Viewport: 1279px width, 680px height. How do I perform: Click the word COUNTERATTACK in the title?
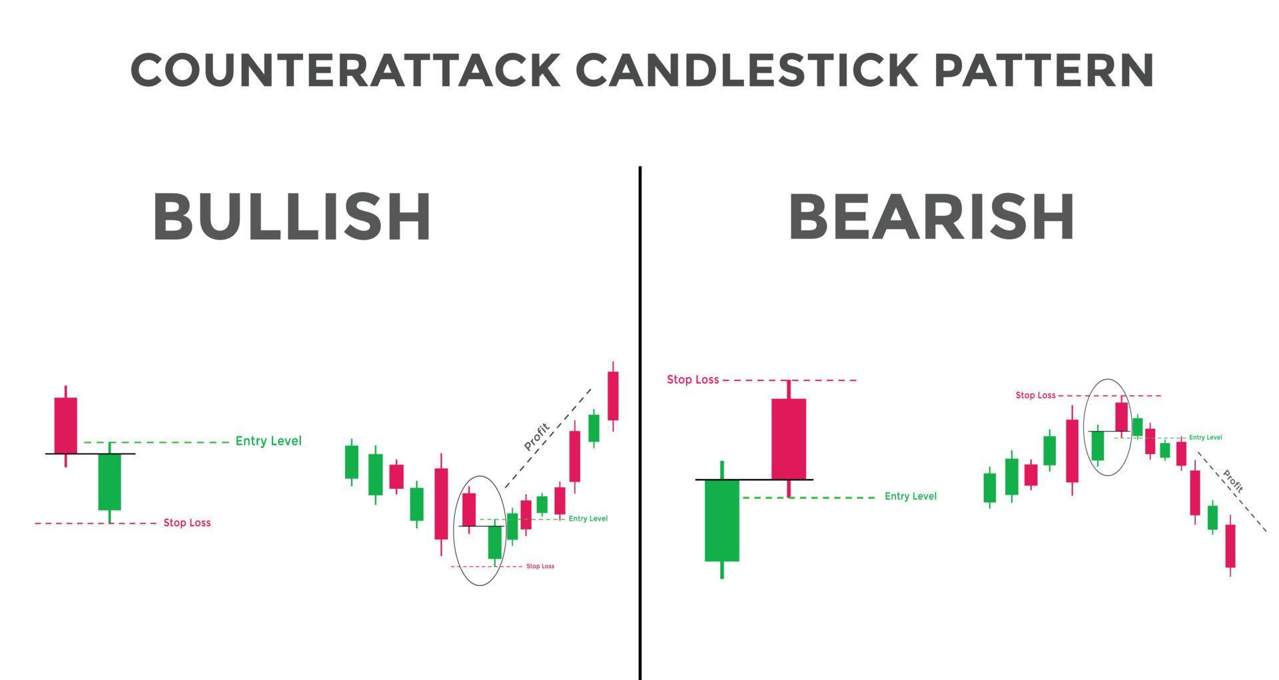pos(345,70)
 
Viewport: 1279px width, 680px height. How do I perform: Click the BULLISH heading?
pos(292,217)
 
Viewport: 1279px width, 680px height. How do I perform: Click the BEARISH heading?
pos(931,217)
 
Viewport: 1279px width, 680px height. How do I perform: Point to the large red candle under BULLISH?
pos(65,425)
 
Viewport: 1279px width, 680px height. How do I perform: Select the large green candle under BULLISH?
pos(110,482)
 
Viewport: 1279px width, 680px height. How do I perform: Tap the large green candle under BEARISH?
pos(722,520)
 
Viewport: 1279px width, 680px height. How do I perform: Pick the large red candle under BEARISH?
pos(789,439)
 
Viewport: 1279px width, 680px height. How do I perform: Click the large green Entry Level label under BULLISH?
pos(268,441)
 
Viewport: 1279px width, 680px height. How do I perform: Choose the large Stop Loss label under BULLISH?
pos(187,523)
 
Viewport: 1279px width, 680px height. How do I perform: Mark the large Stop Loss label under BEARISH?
pos(693,380)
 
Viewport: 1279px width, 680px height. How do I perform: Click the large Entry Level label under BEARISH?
pos(910,496)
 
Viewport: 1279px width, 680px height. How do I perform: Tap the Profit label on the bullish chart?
pos(537,436)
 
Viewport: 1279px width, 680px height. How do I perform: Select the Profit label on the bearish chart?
pos(1233,481)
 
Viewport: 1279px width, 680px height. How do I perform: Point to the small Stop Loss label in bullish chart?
pos(540,566)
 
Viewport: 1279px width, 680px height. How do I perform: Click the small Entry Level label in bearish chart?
pos(1205,438)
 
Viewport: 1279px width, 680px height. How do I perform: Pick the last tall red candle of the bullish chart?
pos(613,396)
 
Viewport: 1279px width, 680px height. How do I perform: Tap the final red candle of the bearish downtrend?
pos(1230,546)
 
